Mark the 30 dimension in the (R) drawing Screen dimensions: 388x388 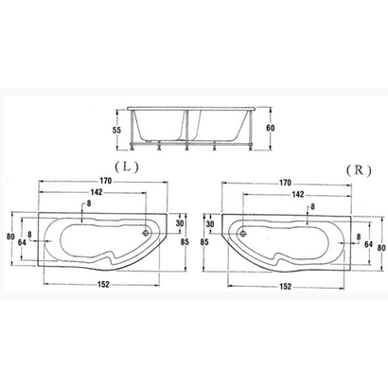tap(210, 225)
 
